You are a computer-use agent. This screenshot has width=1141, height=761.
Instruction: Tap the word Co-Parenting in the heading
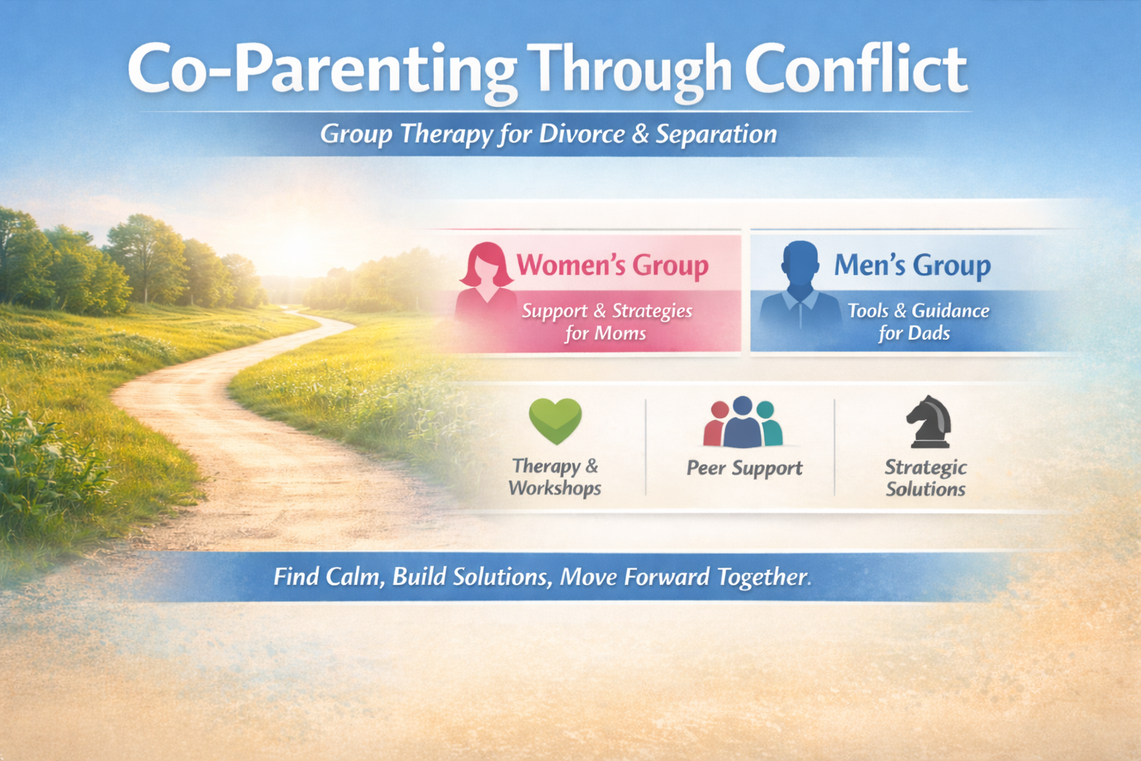pyautogui.click(x=321, y=71)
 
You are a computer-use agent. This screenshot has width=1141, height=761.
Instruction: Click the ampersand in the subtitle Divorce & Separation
pyautogui.click(x=640, y=134)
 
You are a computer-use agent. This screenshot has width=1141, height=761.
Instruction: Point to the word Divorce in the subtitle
pyautogui.click(x=582, y=134)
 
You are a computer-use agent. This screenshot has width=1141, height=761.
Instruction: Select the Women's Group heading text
pyautogui.click(x=612, y=265)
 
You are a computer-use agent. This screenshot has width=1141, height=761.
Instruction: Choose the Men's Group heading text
pyautogui.click(x=911, y=265)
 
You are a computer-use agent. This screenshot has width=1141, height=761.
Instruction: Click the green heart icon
pyautogui.click(x=555, y=421)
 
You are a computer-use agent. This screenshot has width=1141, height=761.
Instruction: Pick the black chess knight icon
pyautogui.click(x=929, y=422)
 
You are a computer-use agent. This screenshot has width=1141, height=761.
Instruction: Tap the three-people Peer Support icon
pyautogui.click(x=743, y=422)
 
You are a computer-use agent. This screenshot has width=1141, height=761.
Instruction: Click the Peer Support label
pyautogui.click(x=744, y=468)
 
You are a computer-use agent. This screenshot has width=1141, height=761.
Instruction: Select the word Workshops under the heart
pyautogui.click(x=555, y=488)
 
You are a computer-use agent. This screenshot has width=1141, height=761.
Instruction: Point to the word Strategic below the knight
pyautogui.click(x=926, y=467)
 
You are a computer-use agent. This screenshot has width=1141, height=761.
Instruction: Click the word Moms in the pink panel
pyautogui.click(x=620, y=334)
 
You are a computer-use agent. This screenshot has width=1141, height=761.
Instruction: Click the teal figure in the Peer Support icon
pyautogui.click(x=769, y=424)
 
